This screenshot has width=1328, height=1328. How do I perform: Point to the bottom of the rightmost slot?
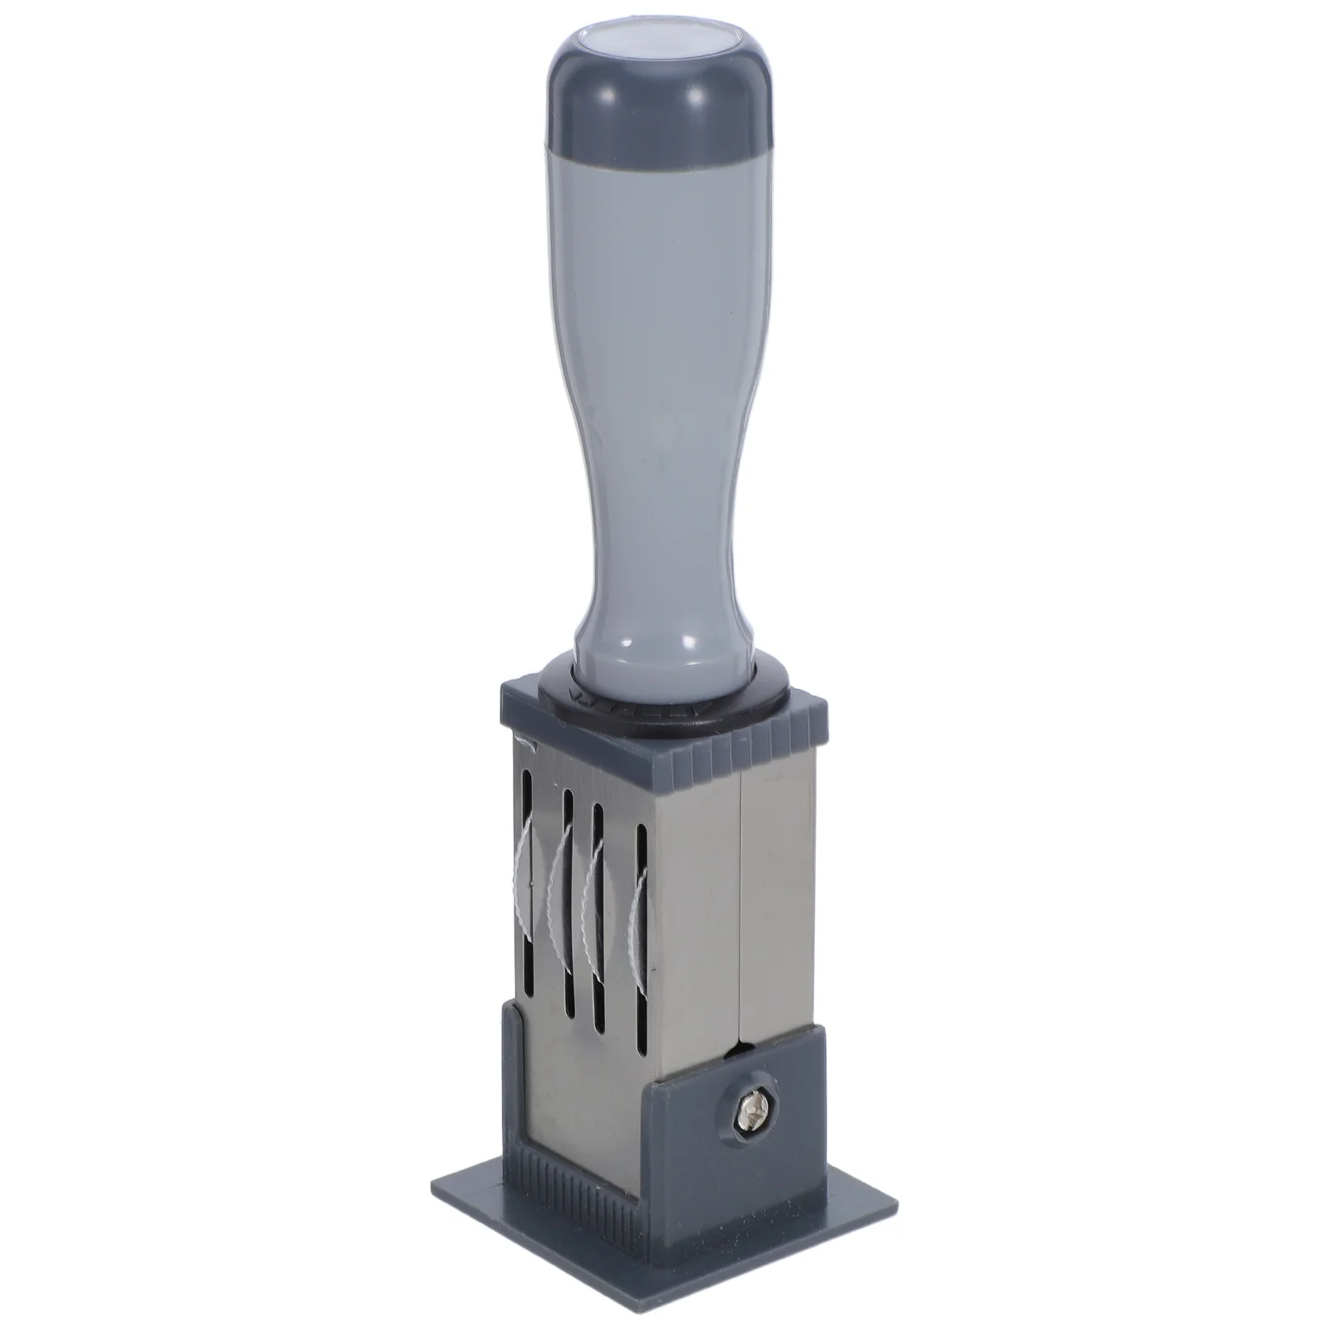[x=642, y=1025]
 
